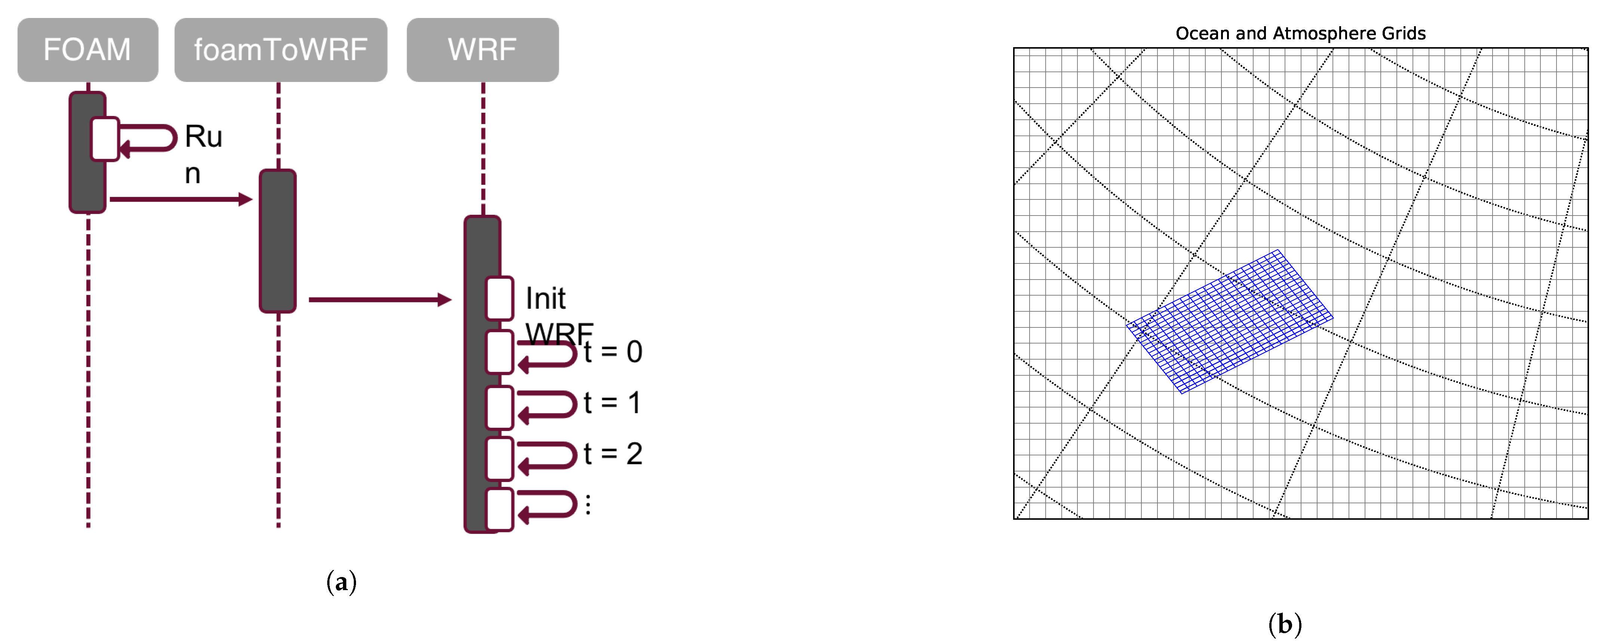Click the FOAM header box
point(88,50)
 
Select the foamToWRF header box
point(280,50)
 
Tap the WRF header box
point(482,50)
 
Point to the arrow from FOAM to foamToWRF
point(180,199)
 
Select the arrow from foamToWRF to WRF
point(379,300)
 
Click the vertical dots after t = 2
point(588,504)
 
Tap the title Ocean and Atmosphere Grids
point(1300,34)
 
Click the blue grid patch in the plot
point(1229,321)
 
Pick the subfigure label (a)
point(341,582)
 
